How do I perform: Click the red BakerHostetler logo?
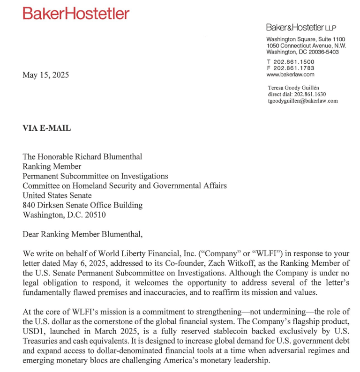[x=75, y=14]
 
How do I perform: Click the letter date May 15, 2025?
[x=45, y=75]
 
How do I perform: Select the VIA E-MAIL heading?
[x=47, y=128]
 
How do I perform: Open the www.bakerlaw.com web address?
[x=290, y=74]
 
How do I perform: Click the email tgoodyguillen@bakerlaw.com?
[x=302, y=100]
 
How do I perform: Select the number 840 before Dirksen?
[x=29, y=205]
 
